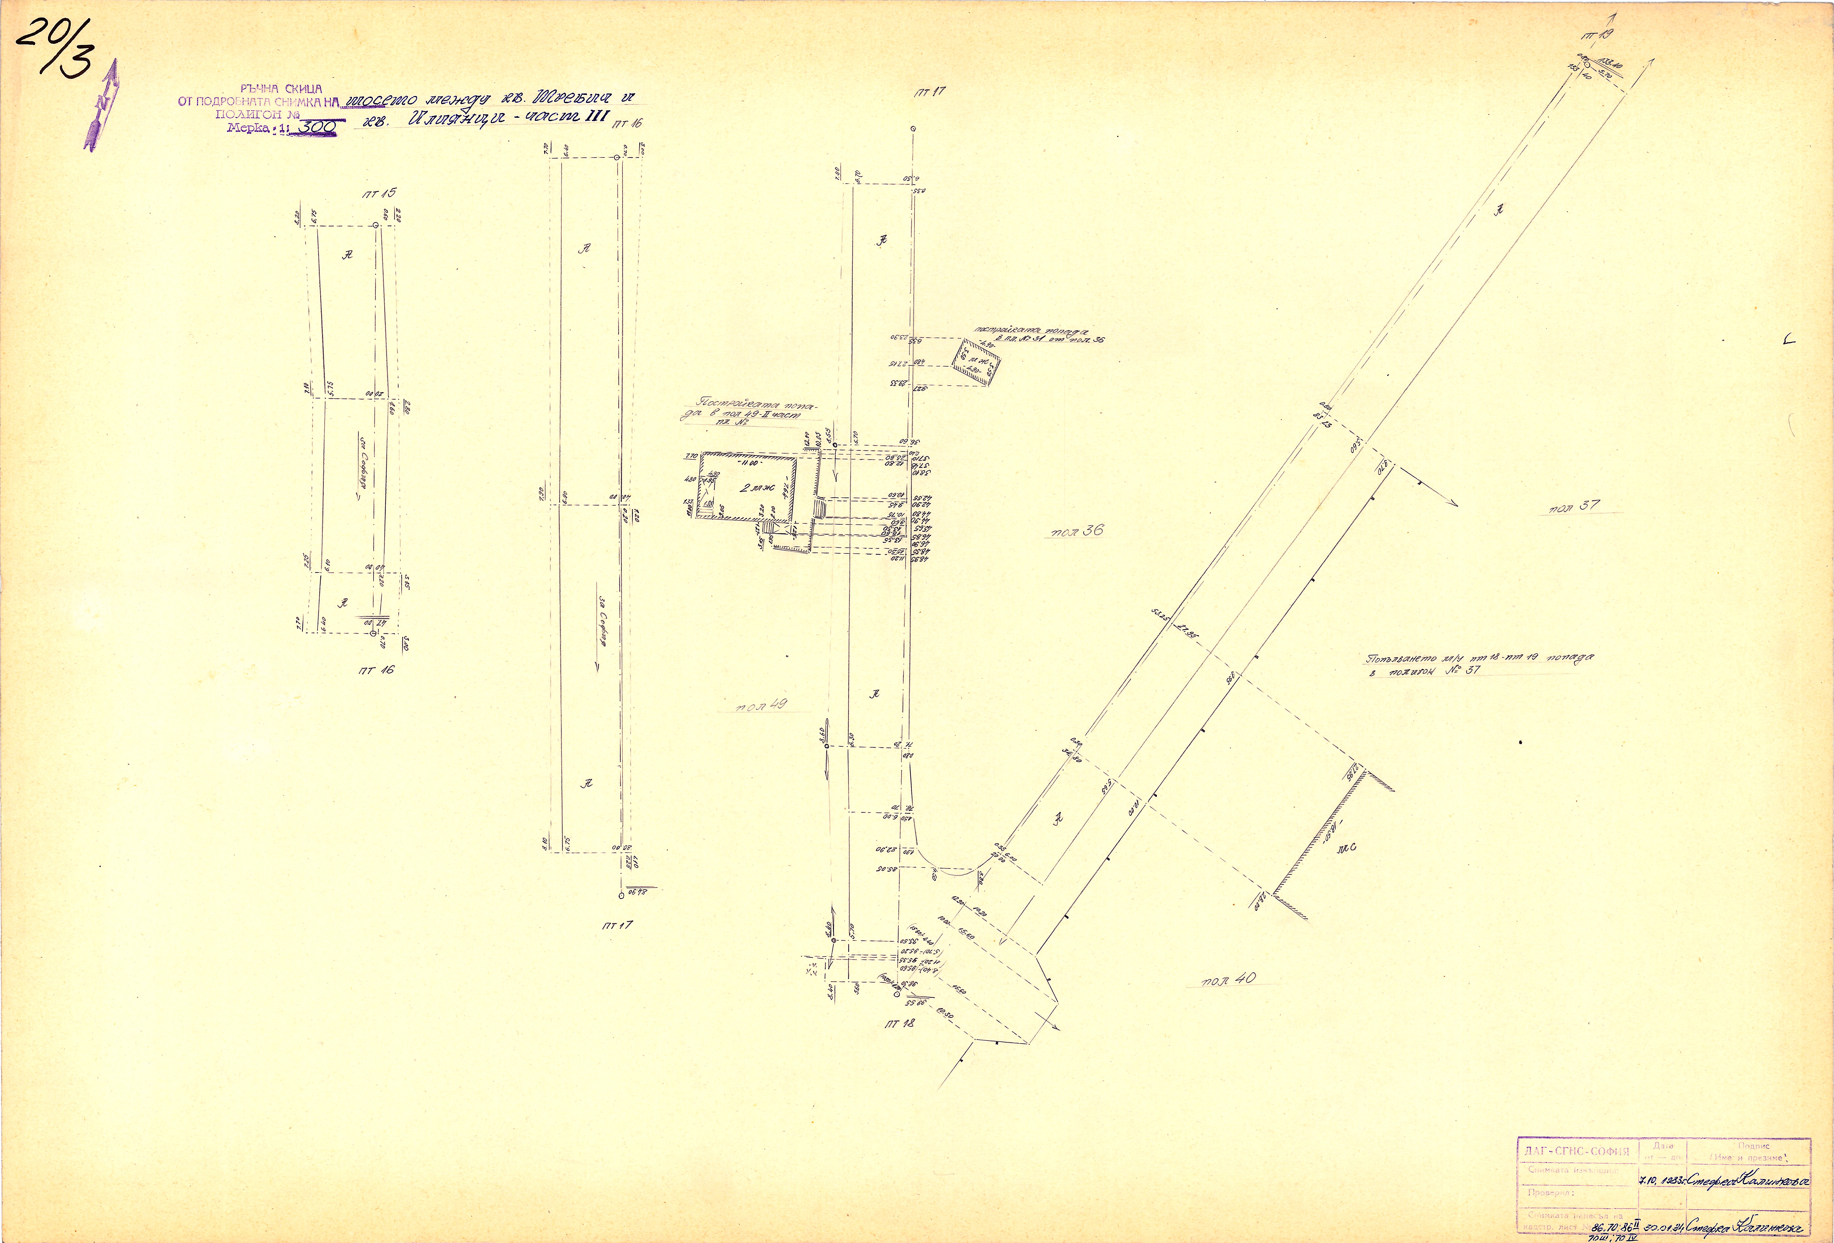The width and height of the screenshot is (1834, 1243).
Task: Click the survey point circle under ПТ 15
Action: click(x=376, y=225)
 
